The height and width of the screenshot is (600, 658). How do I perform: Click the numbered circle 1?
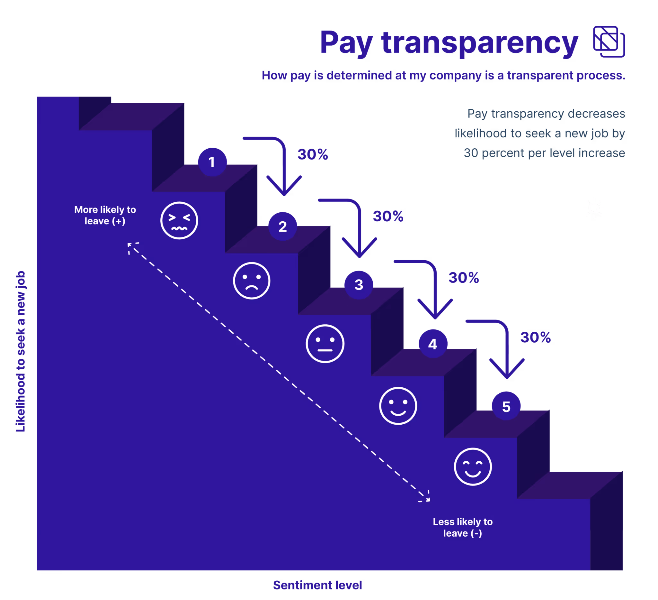point(212,162)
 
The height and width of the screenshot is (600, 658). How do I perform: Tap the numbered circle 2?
point(283,226)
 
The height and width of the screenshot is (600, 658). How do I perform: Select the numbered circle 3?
point(359,285)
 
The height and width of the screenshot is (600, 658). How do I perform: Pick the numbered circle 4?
point(433,344)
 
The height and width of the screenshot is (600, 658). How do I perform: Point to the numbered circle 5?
point(506,406)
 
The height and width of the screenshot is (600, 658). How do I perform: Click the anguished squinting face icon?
point(179,221)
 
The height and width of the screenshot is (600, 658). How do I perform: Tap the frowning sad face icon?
point(252,281)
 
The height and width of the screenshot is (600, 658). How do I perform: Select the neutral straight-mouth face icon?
point(325,344)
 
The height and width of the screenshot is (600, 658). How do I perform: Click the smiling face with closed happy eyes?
point(473,467)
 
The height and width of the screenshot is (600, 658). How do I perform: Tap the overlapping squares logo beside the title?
point(609,42)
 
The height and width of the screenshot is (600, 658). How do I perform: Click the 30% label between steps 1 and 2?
point(313,154)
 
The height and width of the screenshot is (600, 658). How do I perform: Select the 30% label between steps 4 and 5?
point(535,337)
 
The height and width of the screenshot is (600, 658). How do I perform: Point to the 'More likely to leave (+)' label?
point(105,215)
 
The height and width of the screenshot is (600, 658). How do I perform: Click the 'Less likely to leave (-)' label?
point(462,527)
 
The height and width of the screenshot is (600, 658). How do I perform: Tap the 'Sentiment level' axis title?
point(317,585)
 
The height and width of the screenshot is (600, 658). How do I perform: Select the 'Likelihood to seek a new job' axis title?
point(20,351)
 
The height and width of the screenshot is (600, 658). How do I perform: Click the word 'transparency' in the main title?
point(480,42)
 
